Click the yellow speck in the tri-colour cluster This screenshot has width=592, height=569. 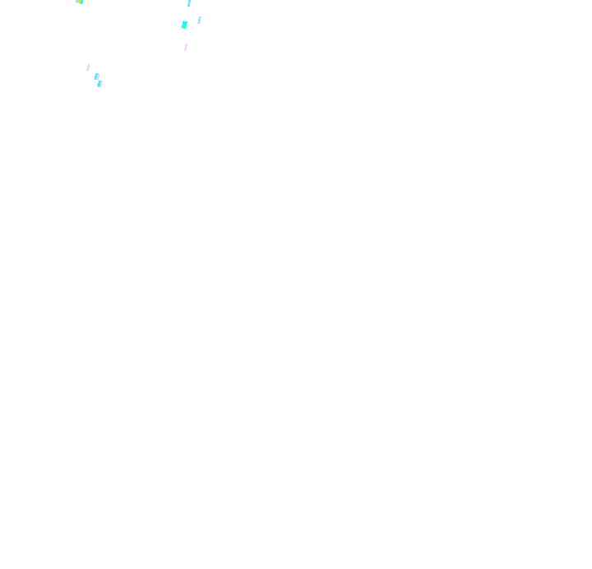[x=79, y=1]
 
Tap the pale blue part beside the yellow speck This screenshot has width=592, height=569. [x=76, y=1]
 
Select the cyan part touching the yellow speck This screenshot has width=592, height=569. [x=81, y=2]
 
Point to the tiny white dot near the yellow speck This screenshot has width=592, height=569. [x=70, y=0]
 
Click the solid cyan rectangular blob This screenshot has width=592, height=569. [x=184, y=25]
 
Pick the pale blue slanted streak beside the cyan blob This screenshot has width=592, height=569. [x=199, y=20]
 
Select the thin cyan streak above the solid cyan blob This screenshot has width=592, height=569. [x=189, y=3]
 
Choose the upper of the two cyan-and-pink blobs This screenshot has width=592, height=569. [x=97, y=76]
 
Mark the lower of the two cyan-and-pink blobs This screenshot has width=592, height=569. [x=100, y=84]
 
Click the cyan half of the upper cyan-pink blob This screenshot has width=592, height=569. [x=95, y=76]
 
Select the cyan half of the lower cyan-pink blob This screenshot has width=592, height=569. [x=99, y=84]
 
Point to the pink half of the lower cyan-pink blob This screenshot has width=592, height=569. [x=102, y=84]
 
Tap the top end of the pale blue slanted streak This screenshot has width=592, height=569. [x=200, y=17]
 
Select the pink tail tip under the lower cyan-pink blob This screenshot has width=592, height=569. [x=101, y=87]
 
